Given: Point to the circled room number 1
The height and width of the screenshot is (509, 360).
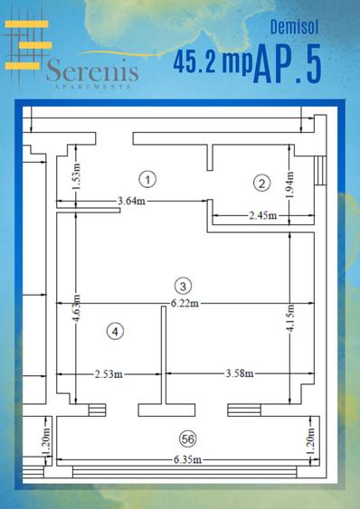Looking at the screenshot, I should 149,178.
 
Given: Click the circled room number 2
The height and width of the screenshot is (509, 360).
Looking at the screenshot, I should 261,184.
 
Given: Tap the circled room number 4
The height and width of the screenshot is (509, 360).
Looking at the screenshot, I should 114,331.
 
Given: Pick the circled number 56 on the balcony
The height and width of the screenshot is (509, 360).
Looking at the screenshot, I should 187,439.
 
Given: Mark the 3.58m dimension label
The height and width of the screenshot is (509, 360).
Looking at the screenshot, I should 239,373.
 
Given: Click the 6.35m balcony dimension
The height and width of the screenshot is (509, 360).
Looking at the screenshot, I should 186,461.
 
